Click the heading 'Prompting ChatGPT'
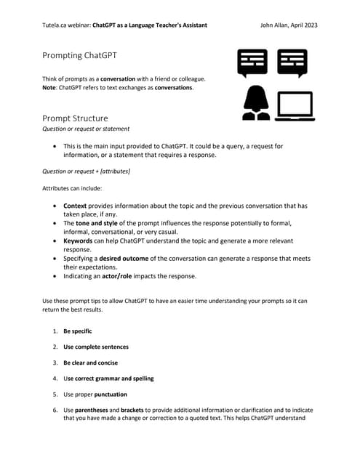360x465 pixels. coord(80,55)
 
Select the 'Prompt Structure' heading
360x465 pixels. coord(75,118)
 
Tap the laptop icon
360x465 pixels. coord(294,105)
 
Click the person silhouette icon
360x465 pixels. coord(255,103)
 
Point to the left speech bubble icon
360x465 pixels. coord(252,63)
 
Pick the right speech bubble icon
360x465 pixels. coord(292,63)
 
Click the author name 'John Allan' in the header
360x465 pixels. coord(274,25)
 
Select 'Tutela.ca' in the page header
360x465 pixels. coord(57,25)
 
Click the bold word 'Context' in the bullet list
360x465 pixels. coord(76,206)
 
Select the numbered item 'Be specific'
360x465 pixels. coord(77,331)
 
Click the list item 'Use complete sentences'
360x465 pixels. coord(95,347)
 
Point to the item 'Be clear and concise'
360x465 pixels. coord(90,363)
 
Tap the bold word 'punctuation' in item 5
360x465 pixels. coord(106,395)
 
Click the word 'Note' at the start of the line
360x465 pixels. coord(50,87)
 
